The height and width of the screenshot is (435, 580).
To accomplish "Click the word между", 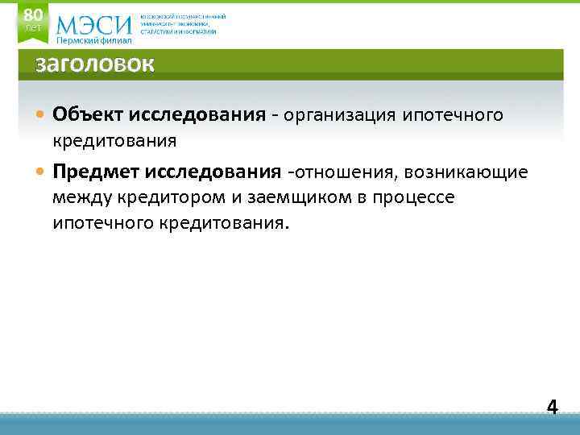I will (x=80, y=197).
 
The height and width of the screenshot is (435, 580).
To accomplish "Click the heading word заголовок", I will (x=93, y=65).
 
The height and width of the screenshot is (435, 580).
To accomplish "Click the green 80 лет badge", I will (x=33, y=19).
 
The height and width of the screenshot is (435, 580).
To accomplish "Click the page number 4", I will (x=552, y=407).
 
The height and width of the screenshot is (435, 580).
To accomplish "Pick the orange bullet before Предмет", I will (x=41, y=172).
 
